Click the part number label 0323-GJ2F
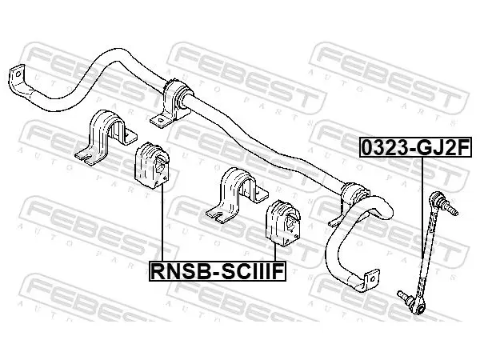coord(415,147)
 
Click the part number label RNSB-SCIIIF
coord(218,271)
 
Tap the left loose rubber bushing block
coord(152,166)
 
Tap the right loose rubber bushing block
coord(283,223)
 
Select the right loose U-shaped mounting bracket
coord(238,195)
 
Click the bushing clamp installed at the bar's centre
coord(172,103)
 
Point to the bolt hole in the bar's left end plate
coord(18,74)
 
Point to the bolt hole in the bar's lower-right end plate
coord(373,278)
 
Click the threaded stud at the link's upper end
coord(451,209)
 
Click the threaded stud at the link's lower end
coord(404,296)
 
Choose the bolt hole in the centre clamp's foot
coord(161,120)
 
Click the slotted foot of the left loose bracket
coord(86,156)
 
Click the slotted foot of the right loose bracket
coord(218,214)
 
